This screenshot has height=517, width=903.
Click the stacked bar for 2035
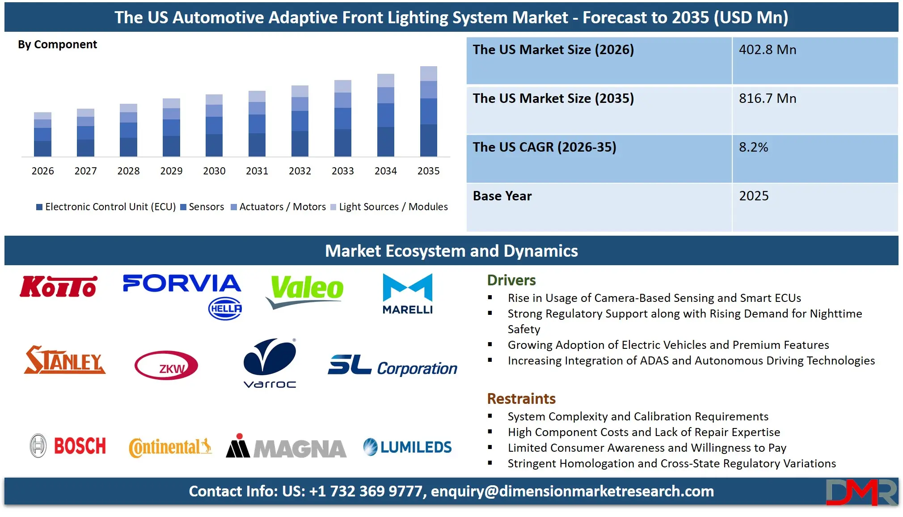(428, 112)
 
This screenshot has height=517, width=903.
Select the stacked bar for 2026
(42, 135)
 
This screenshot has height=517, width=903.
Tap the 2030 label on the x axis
(214, 171)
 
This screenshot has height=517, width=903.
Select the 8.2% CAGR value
(753, 147)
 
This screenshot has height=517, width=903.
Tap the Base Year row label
(502, 196)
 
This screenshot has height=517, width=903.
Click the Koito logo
(58, 287)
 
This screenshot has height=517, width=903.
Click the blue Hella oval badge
(225, 309)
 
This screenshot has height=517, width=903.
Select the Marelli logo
(407, 294)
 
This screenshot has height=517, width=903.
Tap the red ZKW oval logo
(166, 365)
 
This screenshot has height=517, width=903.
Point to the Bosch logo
(68, 446)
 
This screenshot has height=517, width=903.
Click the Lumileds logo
(407, 447)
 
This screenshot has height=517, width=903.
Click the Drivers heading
(511, 280)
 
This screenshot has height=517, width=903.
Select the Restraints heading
(521, 398)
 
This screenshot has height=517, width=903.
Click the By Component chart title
(57, 45)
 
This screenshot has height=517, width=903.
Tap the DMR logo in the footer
(861, 492)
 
